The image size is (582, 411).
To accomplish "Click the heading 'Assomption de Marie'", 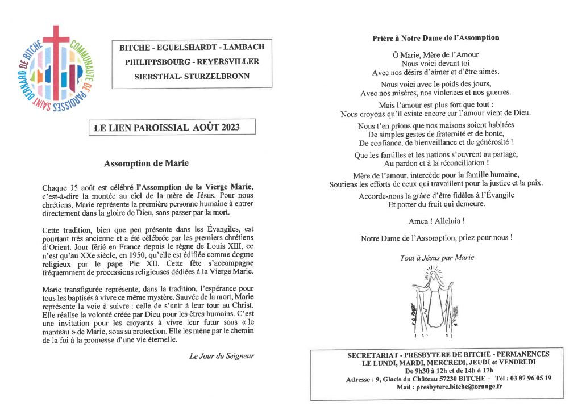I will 146,163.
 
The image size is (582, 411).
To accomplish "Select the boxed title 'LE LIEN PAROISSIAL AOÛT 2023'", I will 172,127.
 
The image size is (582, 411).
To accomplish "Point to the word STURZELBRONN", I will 221,76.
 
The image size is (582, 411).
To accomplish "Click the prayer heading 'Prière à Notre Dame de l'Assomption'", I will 435,38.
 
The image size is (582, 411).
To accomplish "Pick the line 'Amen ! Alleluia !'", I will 435,221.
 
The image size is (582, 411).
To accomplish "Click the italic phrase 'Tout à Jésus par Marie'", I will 436,257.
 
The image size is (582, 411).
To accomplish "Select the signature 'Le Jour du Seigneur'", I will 222,356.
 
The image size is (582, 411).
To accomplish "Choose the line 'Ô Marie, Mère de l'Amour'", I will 436,55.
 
